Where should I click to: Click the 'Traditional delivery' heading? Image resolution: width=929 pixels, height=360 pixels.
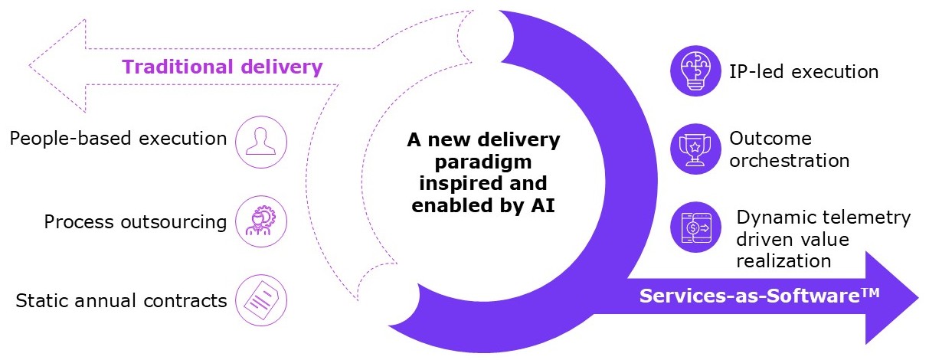222,67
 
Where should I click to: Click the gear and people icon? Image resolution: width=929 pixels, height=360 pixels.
261,221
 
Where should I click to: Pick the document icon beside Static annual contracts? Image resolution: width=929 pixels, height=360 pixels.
261,300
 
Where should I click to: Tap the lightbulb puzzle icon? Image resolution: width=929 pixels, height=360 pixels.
696,71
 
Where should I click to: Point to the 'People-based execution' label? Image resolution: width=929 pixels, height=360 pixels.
119,139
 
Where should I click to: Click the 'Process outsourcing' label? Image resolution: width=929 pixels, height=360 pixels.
136,222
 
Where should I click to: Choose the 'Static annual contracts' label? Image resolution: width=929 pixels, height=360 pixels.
122,301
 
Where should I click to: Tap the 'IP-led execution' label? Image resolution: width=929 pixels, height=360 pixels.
803,72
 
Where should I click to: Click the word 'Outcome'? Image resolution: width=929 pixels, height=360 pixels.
770,139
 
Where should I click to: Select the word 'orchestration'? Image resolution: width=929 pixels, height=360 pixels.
789,161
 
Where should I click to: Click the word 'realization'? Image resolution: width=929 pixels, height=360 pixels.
783,260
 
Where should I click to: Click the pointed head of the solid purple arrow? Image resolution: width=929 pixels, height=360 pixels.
916,297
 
